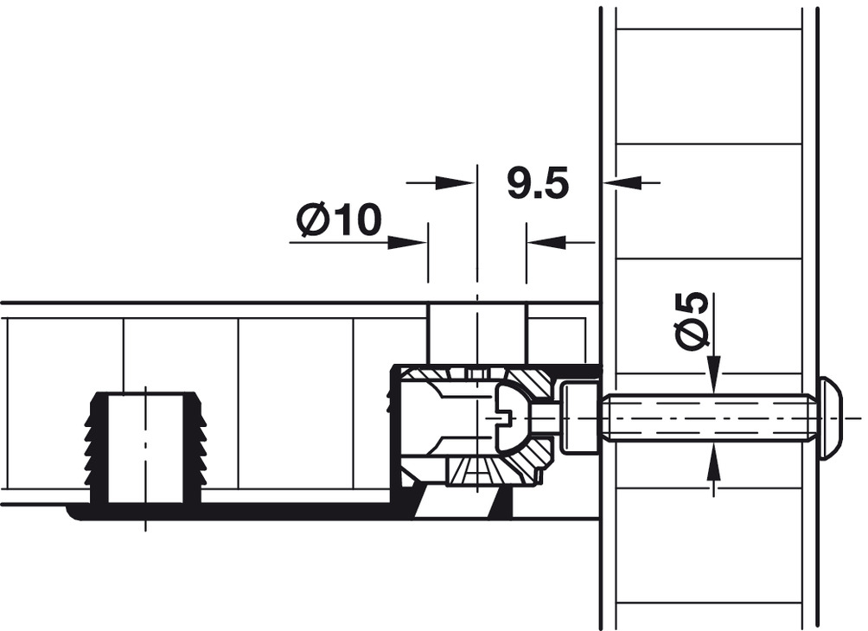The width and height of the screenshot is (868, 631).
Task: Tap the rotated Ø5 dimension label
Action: pyautogui.click(x=692, y=320)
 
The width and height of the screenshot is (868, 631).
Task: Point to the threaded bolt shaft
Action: pyautogui.click(x=712, y=417)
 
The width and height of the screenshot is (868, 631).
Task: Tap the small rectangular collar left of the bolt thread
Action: pyautogui.click(x=579, y=417)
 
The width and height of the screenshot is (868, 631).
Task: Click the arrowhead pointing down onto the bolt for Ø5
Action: pyautogui.click(x=714, y=375)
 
